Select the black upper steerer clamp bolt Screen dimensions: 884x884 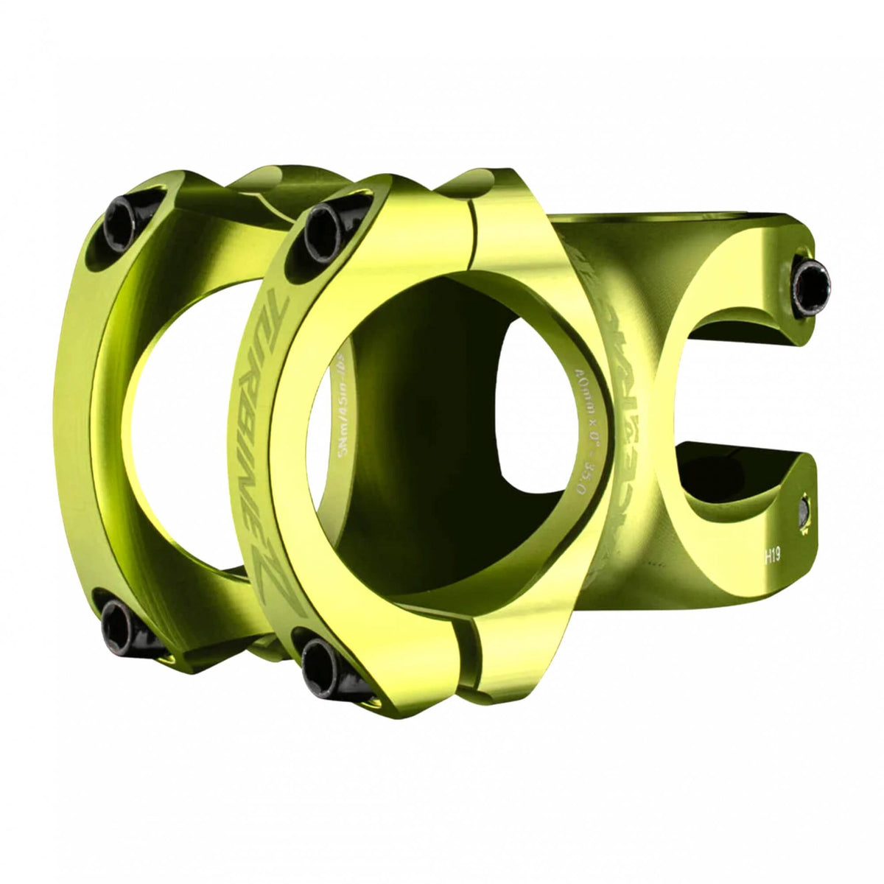pyautogui.click(x=810, y=279)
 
